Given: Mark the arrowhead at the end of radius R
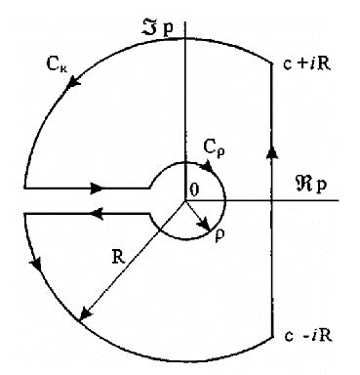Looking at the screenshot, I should pyautogui.click(x=86, y=314).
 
